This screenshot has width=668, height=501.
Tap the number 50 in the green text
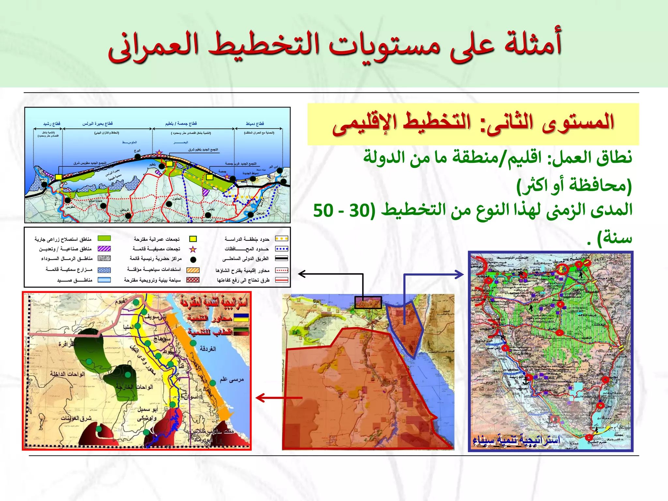click(x=324, y=211)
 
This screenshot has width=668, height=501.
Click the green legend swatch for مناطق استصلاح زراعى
click(x=104, y=238)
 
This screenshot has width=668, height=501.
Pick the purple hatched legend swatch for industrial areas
click(x=104, y=249)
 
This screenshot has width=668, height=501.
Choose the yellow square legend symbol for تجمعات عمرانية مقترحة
click(x=193, y=239)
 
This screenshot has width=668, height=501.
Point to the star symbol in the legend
click(x=193, y=249)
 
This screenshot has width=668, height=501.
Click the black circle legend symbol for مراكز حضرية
click(x=193, y=260)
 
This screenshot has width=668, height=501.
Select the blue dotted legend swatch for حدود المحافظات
click(x=281, y=249)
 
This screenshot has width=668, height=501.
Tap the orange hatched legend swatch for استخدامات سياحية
click(x=193, y=270)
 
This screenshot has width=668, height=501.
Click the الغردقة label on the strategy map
click(x=208, y=349)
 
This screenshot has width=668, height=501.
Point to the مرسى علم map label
click(x=232, y=379)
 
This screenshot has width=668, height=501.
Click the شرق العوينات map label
click(x=76, y=418)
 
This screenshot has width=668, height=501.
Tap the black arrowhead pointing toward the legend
click(x=302, y=274)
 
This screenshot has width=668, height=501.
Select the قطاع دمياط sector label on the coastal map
click(x=255, y=124)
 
